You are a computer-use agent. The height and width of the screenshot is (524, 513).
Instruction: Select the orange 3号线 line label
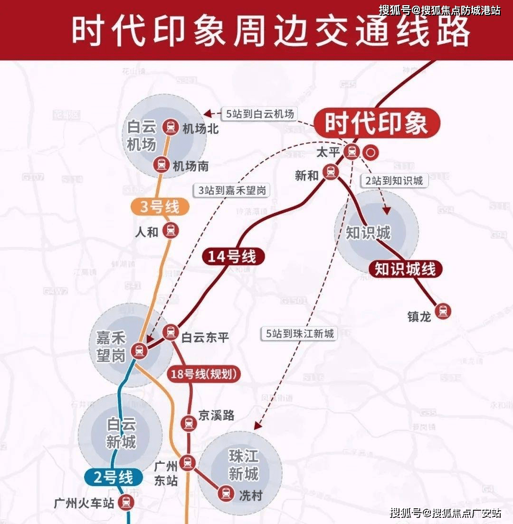pyautogui.click(x=160, y=207)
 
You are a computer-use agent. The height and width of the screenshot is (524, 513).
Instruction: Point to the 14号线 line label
pyautogui.click(x=233, y=257)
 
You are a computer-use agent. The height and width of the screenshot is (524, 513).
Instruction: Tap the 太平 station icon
pyautogui.click(x=352, y=152)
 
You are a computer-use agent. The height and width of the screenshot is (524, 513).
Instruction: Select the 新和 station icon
pyautogui.click(x=331, y=172)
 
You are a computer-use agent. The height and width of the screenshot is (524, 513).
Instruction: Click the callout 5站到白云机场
pyautogui.click(x=260, y=114)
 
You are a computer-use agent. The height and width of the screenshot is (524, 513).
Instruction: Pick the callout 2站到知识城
pyautogui.click(x=394, y=180)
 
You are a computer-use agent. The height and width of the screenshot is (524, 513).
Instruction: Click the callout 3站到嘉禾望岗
pyautogui.click(x=232, y=190)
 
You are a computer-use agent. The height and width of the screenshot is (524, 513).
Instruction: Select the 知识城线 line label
pyautogui.click(x=405, y=269)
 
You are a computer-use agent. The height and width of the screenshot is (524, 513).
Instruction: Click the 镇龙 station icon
pyautogui.click(x=443, y=311)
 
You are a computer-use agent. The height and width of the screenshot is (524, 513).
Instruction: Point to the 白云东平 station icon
pyautogui.click(x=171, y=332)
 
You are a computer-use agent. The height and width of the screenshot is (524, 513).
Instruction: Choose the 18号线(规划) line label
pyautogui.click(x=204, y=374)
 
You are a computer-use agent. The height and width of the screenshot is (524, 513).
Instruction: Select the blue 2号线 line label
pyautogui.click(x=113, y=478)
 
